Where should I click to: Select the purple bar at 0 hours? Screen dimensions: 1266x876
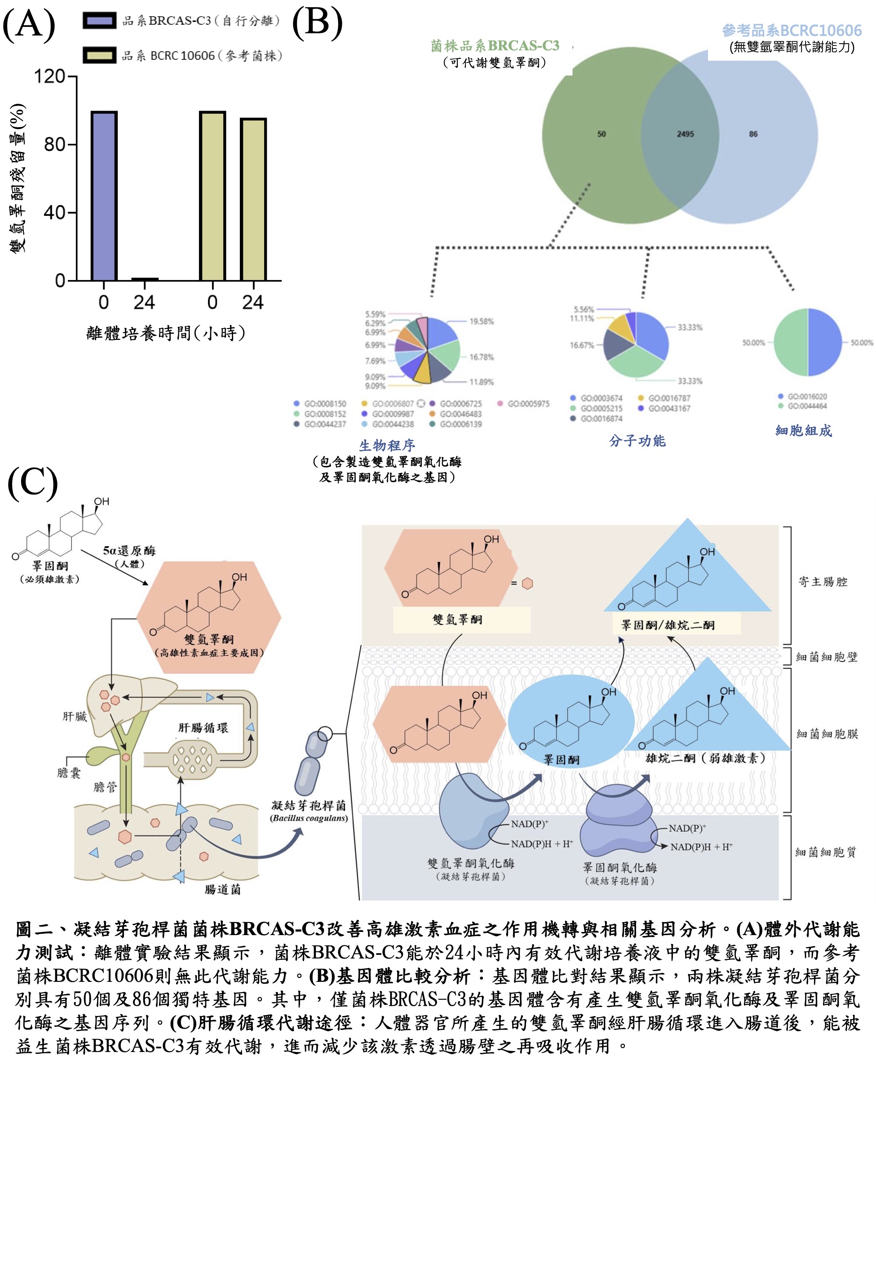tap(104, 196)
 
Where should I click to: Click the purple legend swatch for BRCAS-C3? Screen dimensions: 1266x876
tap(99, 20)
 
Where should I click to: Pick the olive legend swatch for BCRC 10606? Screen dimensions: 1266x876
tap(99, 55)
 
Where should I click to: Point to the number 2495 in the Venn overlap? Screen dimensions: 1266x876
tap(685, 134)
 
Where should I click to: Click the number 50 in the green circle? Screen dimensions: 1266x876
tap(602, 134)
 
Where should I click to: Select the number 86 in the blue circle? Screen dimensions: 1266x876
tap(753, 134)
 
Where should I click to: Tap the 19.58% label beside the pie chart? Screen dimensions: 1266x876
tap(482, 321)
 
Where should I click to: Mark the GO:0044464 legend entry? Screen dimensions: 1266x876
tap(807, 406)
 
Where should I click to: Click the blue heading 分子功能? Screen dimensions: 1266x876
tap(637, 441)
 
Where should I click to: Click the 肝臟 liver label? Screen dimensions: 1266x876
tap(75, 716)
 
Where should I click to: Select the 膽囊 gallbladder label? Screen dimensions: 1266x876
tap(69, 773)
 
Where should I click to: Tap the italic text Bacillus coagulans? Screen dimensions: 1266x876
tap(309, 818)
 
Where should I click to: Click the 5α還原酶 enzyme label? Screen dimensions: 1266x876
tap(129, 550)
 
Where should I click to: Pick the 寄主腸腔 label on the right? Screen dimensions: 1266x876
tap(823, 582)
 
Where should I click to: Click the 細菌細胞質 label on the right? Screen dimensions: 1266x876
tap(826, 852)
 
